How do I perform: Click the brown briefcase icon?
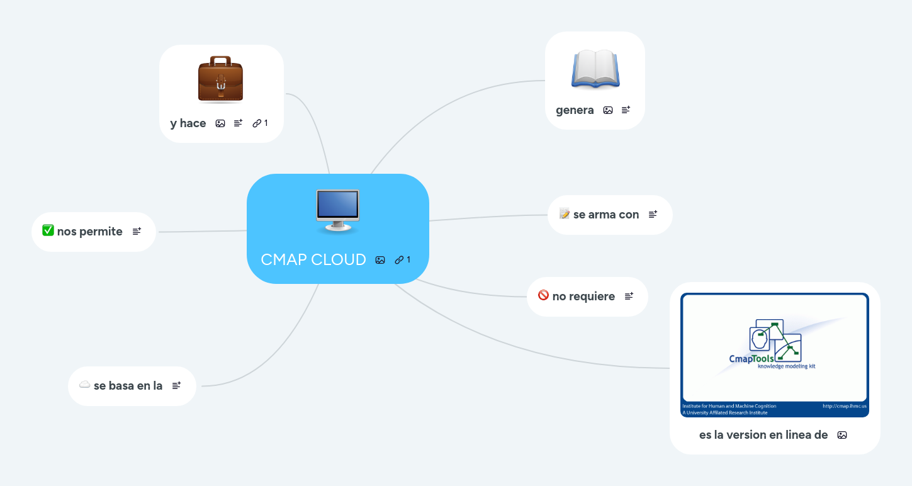[x=220, y=79]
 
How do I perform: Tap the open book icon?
[x=595, y=69]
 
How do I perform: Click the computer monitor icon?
[x=337, y=211]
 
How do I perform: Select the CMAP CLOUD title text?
[x=313, y=259]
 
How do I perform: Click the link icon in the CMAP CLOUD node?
[x=399, y=260]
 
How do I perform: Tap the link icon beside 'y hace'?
[x=257, y=123]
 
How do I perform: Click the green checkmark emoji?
[x=48, y=231]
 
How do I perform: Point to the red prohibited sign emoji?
[x=543, y=295]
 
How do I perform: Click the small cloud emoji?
[x=84, y=385]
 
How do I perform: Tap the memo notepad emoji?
[x=564, y=214]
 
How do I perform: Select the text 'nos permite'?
[x=89, y=232]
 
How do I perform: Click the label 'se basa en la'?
[x=128, y=385]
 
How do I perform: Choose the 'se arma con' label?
[x=606, y=215]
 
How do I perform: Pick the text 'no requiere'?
[x=583, y=297]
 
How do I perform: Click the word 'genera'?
[x=575, y=110]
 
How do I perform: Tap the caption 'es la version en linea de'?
[x=763, y=434]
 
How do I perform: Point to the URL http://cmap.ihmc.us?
[x=844, y=406]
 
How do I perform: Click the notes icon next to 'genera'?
[x=626, y=110]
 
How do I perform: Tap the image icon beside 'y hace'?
[x=220, y=123]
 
